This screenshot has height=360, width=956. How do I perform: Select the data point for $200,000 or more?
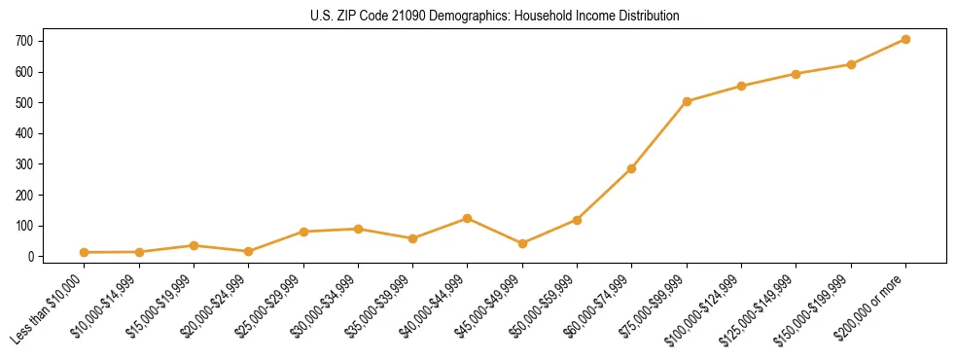pos(905,40)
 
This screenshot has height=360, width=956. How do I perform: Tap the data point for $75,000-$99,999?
pos(687,101)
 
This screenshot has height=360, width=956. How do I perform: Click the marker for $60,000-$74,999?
pos(632,168)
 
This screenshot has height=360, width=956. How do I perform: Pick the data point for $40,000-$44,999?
pos(468,219)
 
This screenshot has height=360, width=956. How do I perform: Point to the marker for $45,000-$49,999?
pos(522,243)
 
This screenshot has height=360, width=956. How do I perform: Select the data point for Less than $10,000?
pos(85,252)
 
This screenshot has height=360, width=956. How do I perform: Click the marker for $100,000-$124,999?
pos(741,86)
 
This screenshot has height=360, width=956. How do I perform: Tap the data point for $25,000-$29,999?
pos(303,232)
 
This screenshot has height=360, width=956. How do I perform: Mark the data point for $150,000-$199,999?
pos(851,64)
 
